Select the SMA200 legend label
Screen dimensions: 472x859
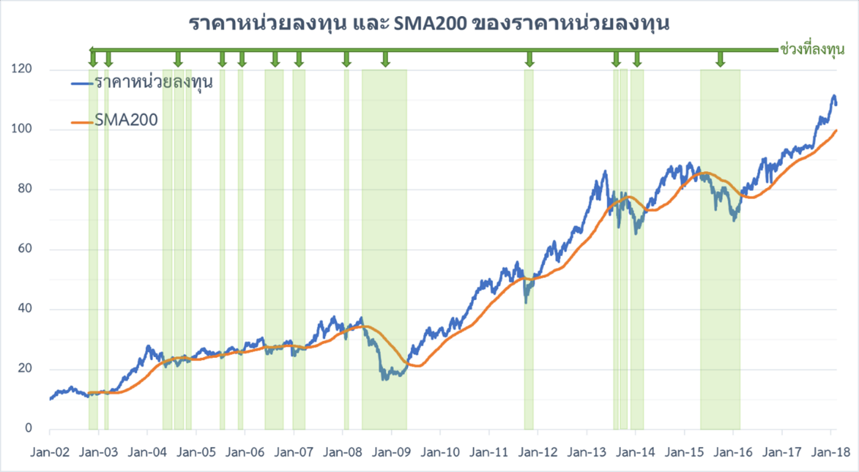[126, 120]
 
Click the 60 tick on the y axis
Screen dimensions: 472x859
[24, 250]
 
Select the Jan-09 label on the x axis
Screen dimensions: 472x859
[391, 452]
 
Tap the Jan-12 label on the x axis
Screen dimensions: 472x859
[538, 452]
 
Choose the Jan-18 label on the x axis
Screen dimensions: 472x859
[830, 452]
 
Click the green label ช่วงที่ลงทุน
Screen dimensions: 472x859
[811, 50]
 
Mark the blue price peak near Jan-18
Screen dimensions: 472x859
[834, 96]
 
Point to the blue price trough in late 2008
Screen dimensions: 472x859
[385, 378]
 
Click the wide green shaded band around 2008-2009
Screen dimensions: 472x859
[384, 238]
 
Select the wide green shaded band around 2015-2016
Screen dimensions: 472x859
[720, 238]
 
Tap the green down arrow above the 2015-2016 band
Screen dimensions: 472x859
[720, 59]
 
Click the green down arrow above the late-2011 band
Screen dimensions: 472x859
[529, 59]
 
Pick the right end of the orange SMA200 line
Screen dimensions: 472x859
[836, 130]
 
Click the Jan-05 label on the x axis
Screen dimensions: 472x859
[196, 452]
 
